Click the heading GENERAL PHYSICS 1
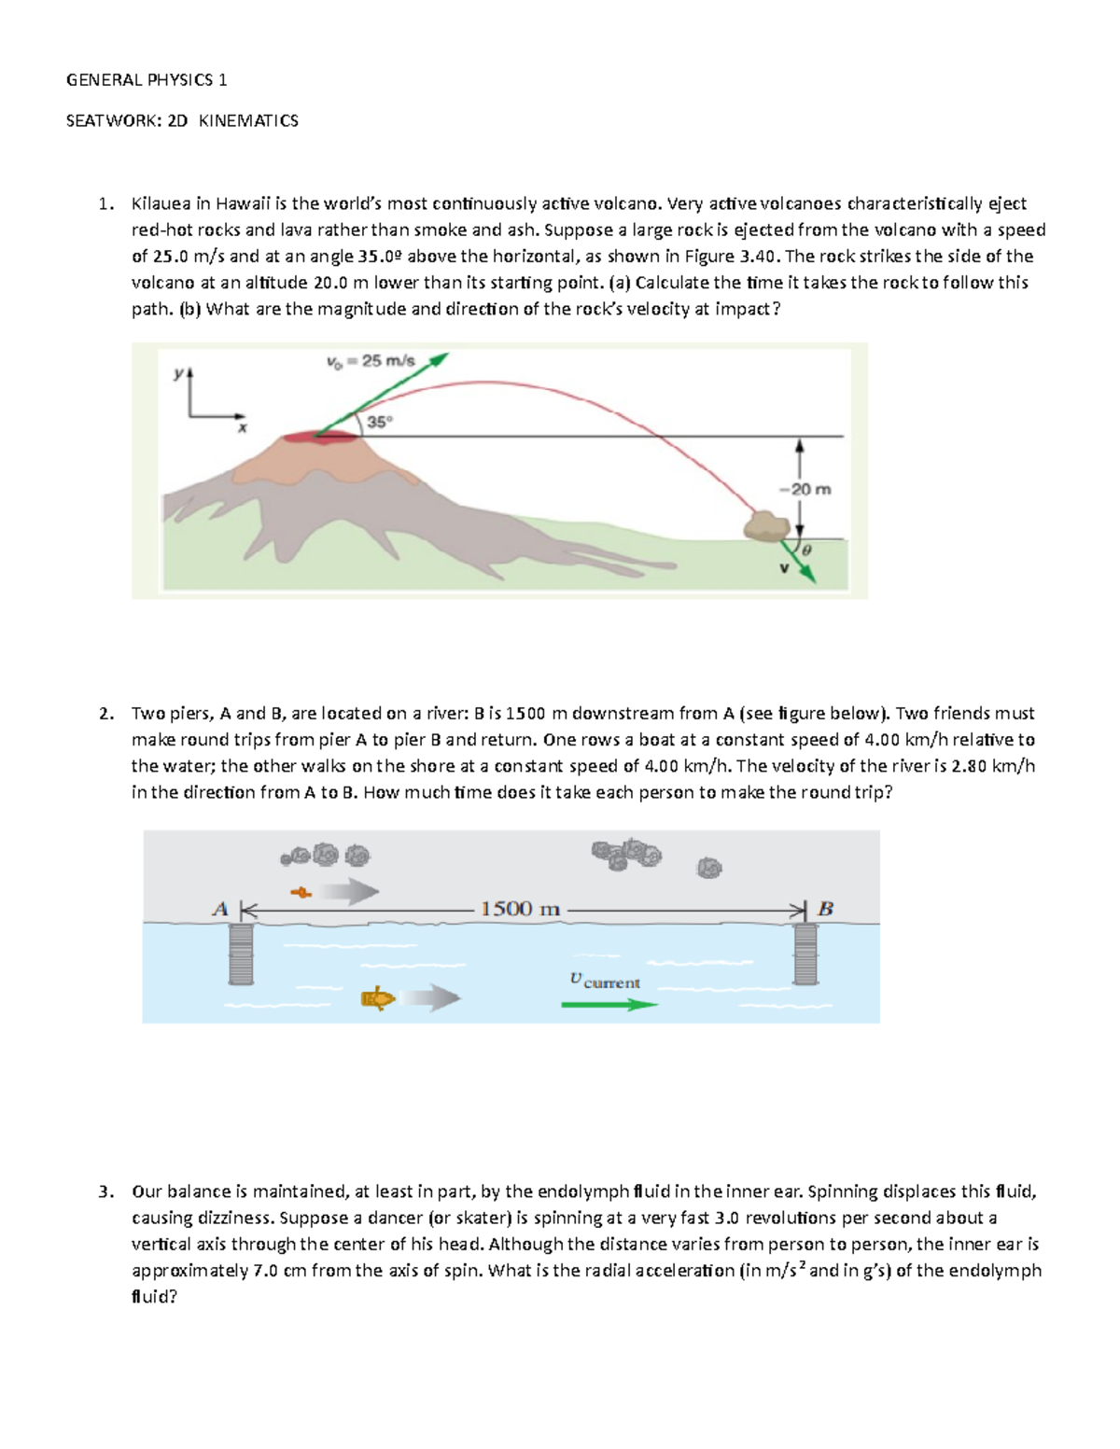coord(147,80)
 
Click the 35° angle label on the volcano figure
coord(379,422)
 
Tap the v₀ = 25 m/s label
coord(370,361)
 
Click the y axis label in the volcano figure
coord(177,373)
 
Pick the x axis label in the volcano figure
coord(242,428)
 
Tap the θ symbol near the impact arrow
coord(806,551)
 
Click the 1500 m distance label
coord(520,909)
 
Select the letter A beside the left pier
coord(220,909)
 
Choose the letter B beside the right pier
coord(825,909)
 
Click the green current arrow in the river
coord(609,1005)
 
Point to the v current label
coord(605,981)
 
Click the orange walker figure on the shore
coord(301,893)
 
